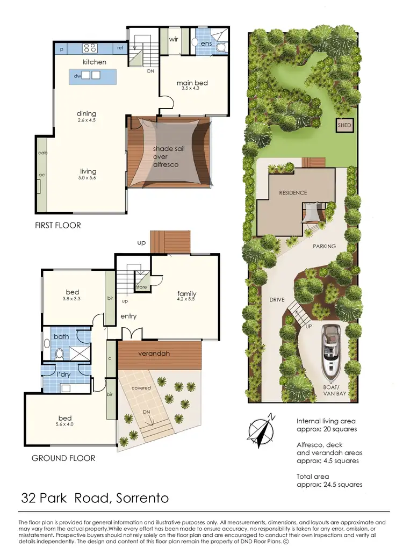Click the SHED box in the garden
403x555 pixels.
click(344, 125)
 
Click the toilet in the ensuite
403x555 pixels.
click(219, 47)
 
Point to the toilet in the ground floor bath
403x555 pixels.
click(60, 354)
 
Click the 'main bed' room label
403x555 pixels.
click(192, 83)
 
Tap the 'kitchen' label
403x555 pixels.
click(94, 62)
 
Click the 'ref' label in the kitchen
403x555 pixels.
click(120, 48)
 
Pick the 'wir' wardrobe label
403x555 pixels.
click(174, 39)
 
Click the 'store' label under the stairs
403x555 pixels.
click(141, 287)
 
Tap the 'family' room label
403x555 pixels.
click(186, 294)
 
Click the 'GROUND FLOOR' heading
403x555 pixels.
click(63, 458)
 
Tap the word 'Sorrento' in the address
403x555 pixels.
click(142, 498)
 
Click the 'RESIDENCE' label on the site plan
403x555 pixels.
click(293, 192)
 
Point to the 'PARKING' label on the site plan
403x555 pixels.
click(324, 246)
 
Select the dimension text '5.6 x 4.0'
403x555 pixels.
click(64, 425)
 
